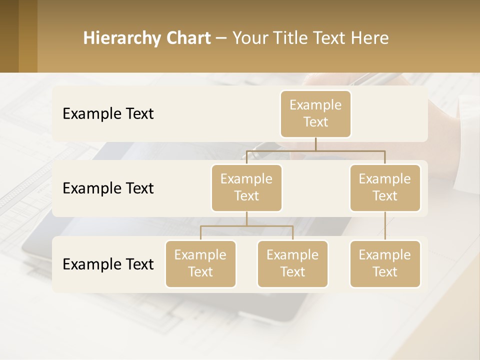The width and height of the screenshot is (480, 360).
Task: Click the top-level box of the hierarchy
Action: [x=315, y=113]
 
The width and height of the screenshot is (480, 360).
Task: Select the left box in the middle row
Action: [x=246, y=187]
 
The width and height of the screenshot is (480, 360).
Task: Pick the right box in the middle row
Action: [x=385, y=187]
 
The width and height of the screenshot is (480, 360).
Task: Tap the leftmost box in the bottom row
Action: [x=200, y=263]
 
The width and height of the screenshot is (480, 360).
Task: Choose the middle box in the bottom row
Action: [x=292, y=263]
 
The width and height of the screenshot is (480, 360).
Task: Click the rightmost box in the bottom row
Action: [x=385, y=263]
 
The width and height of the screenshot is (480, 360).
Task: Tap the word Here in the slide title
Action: [x=370, y=38]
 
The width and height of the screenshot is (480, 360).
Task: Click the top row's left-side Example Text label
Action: [x=108, y=113]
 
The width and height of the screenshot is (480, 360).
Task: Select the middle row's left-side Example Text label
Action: [x=108, y=188]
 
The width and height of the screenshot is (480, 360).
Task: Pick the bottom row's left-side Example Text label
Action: [x=108, y=264]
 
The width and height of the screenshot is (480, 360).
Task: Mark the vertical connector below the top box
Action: [x=315, y=144]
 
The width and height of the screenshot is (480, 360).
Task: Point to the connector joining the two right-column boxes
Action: [x=385, y=226]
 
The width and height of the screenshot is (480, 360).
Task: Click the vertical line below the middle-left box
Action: [x=246, y=219]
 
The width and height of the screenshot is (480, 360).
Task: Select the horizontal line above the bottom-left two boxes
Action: [x=246, y=226]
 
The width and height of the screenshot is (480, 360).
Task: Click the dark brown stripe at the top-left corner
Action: [x=9, y=36]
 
